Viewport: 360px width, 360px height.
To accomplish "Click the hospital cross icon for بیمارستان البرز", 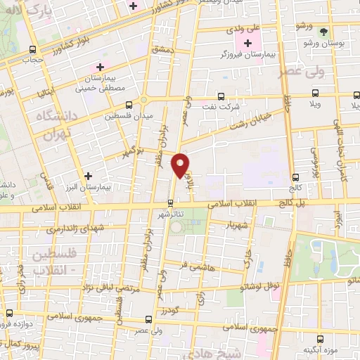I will (88, 176).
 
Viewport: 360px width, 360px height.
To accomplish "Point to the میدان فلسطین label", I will (127, 115).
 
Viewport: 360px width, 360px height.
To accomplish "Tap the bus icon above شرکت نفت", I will (221, 96).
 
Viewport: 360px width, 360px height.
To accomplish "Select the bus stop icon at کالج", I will (295, 177).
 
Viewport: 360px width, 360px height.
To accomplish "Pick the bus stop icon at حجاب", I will (33, 49).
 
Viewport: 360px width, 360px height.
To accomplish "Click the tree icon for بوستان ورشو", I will (323, 32).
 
